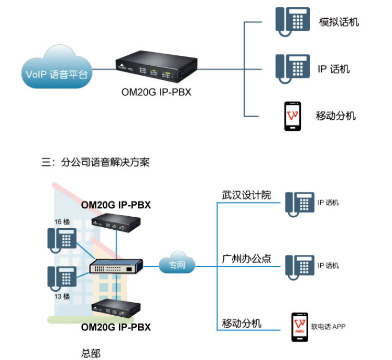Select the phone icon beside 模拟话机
292,22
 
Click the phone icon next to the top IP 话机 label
292,68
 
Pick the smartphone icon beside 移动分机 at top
293,116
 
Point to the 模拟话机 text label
339,22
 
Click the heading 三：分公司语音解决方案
96,162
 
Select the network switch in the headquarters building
116,267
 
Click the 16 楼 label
62,222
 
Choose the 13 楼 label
62,296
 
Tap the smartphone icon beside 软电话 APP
299,327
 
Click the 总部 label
91,353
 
